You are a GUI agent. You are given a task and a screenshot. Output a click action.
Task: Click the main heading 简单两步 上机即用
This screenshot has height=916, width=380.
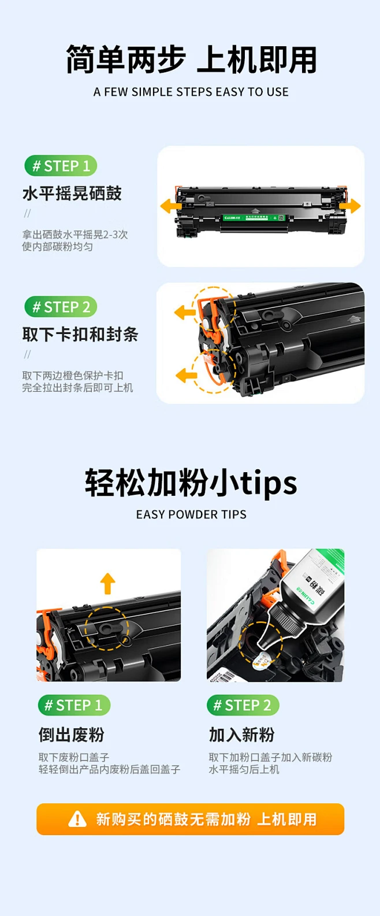point(191,60)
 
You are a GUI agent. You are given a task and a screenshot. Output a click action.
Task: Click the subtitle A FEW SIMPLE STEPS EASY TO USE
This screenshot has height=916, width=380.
point(191,92)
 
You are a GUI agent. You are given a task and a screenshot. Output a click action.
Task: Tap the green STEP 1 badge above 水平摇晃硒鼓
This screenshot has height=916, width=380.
point(61,166)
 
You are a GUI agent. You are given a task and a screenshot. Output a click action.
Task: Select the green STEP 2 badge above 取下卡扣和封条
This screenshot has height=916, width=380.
point(61,307)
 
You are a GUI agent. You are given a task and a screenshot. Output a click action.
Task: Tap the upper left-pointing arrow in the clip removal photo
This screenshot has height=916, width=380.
point(185,313)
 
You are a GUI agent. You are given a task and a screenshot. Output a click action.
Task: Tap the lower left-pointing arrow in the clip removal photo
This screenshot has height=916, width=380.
point(186,375)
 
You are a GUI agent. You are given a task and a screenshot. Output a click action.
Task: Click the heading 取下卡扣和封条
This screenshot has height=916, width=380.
point(80,334)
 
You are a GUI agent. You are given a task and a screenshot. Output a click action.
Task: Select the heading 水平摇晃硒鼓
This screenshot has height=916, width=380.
point(72,193)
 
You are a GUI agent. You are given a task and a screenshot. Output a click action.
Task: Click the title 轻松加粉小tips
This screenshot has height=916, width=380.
point(191,483)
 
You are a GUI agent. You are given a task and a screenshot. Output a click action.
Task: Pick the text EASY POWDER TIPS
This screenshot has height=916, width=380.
point(191,514)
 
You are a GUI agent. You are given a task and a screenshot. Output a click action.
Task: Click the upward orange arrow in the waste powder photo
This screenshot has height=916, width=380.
point(107,583)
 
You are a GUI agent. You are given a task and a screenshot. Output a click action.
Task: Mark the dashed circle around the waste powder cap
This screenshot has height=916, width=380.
point(107,628)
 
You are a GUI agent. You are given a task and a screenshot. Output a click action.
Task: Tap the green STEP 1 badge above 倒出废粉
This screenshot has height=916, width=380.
point(74,705)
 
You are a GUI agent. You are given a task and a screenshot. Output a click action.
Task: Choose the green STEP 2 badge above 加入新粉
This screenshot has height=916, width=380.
point(243,705)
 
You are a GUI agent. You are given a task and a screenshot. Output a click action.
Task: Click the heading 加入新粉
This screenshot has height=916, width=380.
point(241,735)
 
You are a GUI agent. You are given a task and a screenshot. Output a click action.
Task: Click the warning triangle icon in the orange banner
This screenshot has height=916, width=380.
point(77,819)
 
